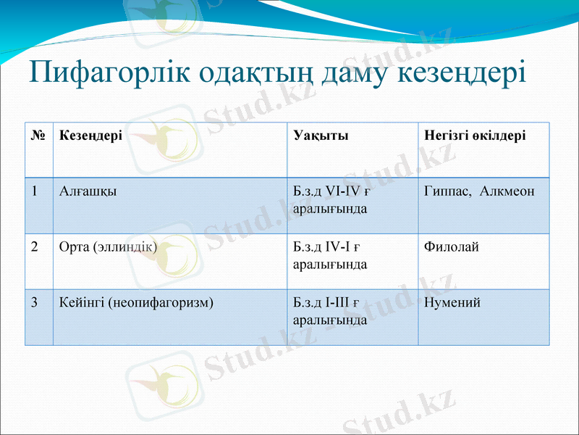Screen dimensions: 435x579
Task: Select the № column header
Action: [39, 136]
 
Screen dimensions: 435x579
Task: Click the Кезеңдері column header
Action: [90, 136]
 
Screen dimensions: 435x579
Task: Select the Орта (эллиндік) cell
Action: [108, 246]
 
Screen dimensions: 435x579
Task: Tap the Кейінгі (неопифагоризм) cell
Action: [136, 302]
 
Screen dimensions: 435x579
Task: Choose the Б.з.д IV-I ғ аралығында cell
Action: [330, 255]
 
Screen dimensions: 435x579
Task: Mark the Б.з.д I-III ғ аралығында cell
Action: [330, 310]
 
